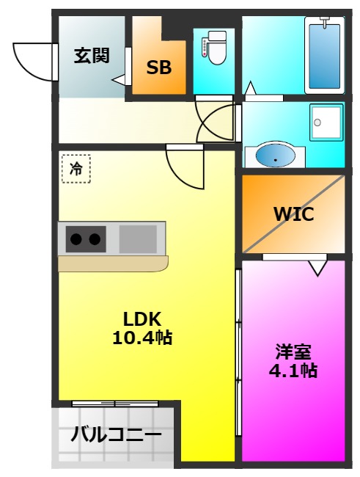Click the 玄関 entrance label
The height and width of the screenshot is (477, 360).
coord(92,54)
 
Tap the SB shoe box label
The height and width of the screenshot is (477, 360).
coord(158,68)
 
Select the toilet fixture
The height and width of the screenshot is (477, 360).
coord(215,48)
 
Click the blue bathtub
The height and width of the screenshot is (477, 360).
coord(322,55)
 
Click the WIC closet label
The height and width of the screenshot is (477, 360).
coord(293,214)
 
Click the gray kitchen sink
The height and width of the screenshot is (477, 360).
coord(139,238)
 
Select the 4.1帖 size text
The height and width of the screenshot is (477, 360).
coord(292,371)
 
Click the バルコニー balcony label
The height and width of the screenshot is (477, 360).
coord(116,435)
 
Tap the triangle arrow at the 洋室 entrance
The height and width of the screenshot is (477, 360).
coord(317,267)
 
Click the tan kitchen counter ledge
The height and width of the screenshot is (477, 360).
coord(113,263)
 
